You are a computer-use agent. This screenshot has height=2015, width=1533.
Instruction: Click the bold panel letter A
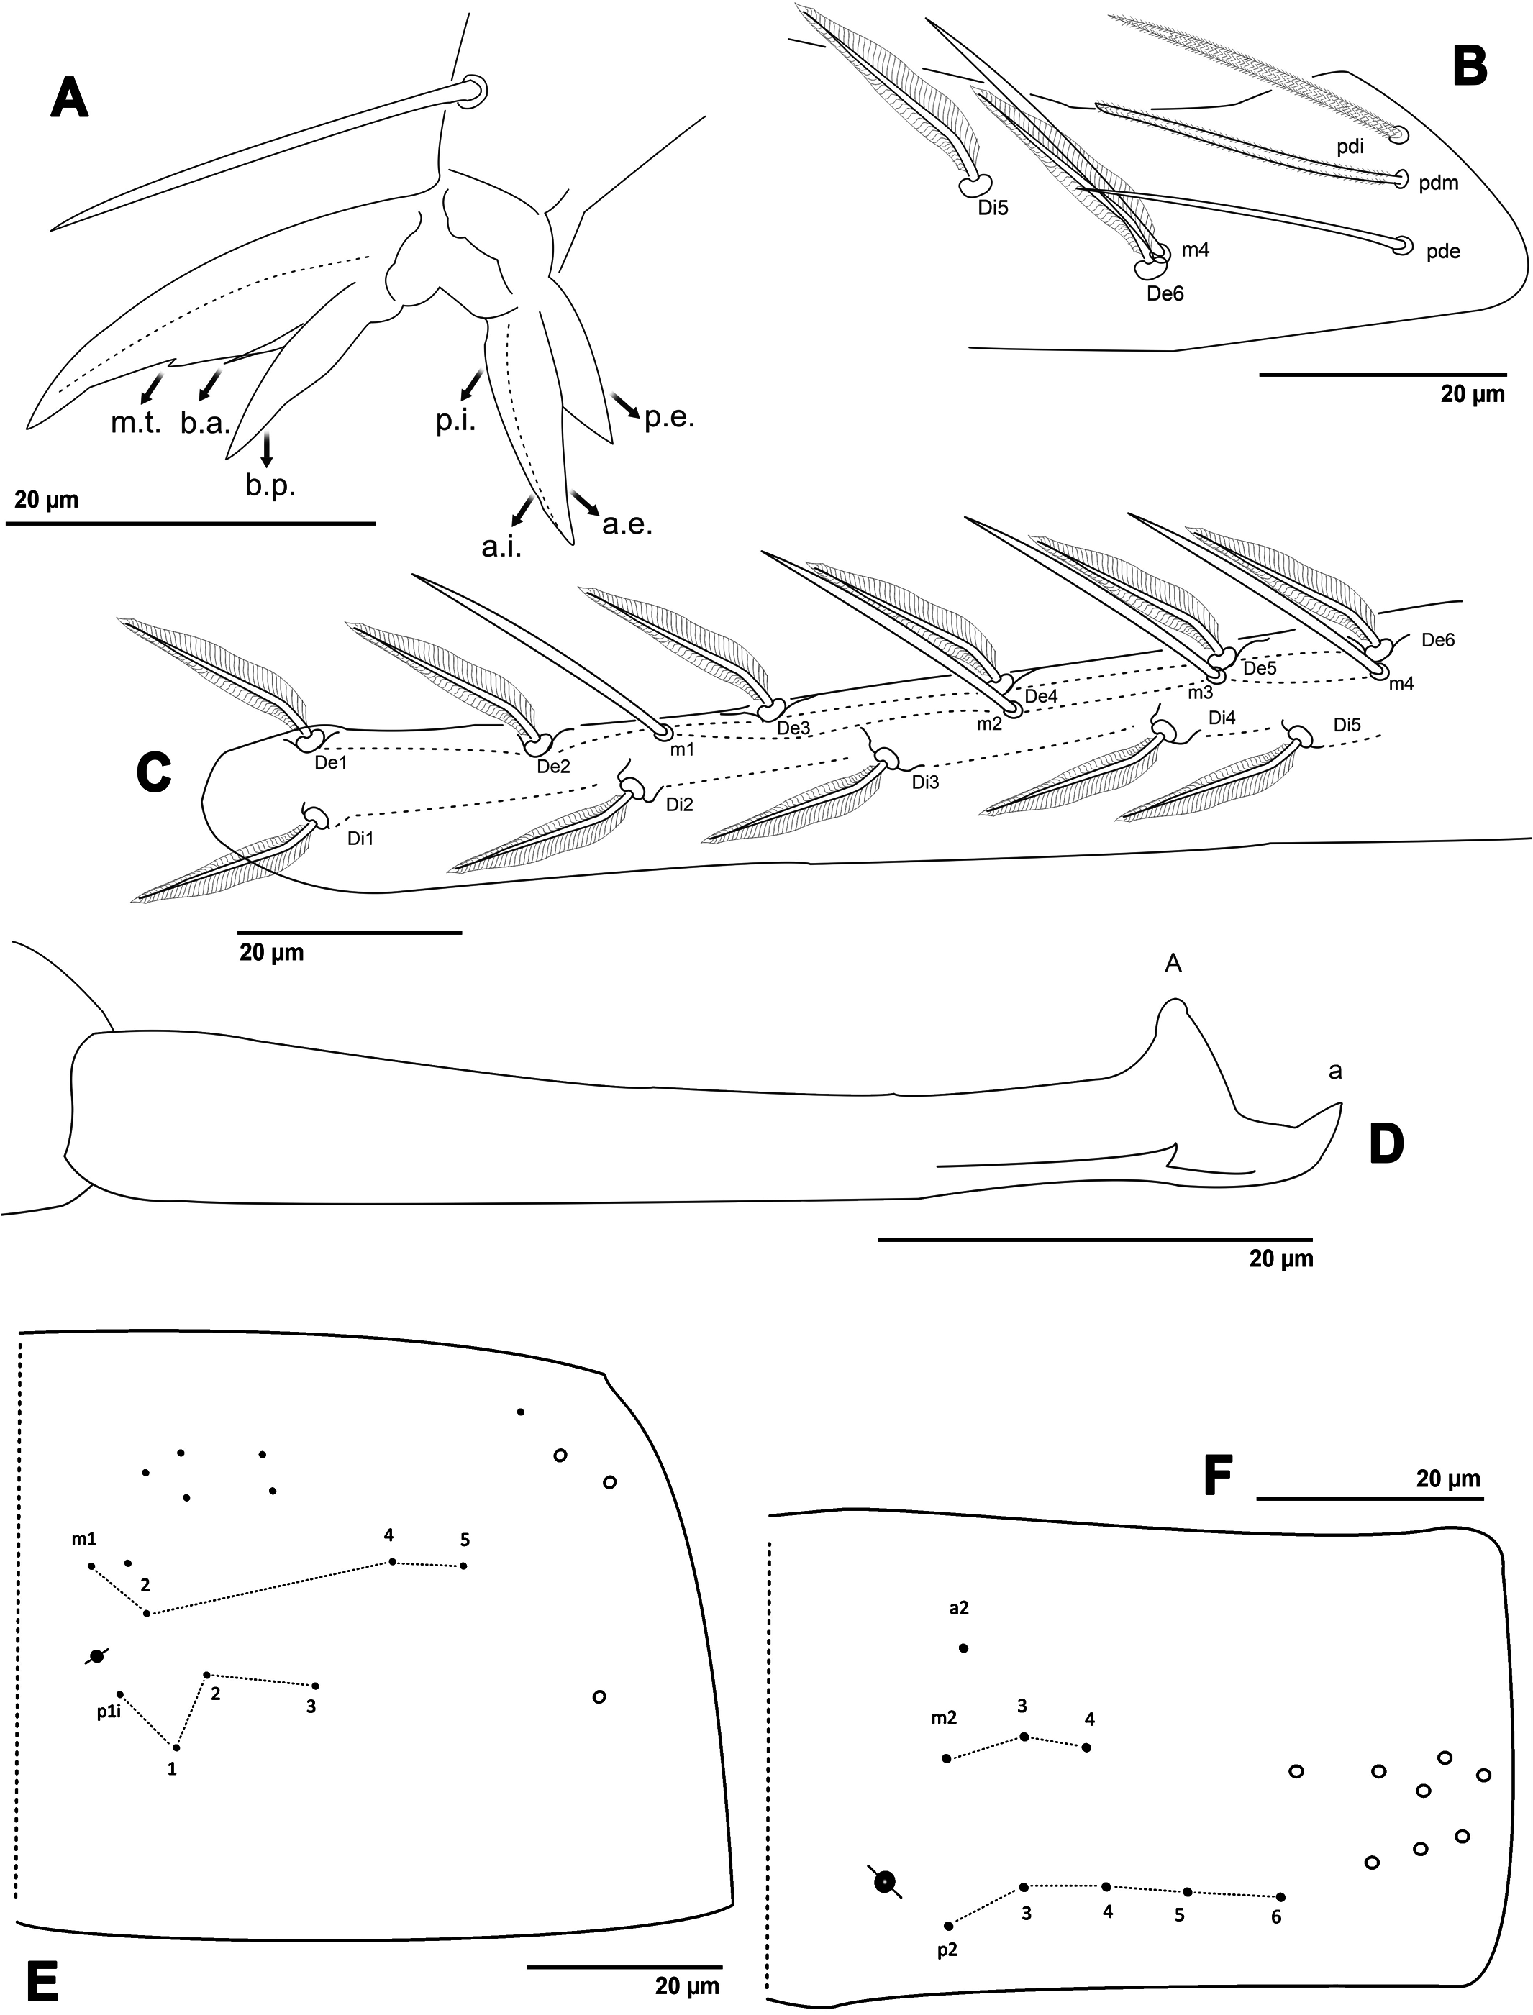click(70, 98)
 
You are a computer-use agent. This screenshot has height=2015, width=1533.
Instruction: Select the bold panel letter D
click(1386, 1146)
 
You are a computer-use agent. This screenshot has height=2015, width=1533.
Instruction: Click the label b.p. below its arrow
click(269, 485)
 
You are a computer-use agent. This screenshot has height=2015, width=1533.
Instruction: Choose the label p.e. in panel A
click(669, 419)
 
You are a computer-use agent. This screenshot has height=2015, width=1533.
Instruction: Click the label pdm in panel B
click(1438, 183)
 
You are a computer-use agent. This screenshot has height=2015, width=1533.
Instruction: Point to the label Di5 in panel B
click(992, 208)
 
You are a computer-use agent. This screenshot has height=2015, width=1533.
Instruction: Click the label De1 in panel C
click(330, 762)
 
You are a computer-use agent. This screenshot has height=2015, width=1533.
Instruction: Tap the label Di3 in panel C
click(925, 782)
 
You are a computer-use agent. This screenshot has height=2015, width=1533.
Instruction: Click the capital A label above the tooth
click(1173, 963)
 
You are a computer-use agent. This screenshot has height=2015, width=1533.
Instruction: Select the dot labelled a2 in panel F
click(963, 1648)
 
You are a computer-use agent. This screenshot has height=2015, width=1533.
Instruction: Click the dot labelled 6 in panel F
click(1280, 1896)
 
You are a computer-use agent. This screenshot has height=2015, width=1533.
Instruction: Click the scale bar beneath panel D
click(1094, 1240)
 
